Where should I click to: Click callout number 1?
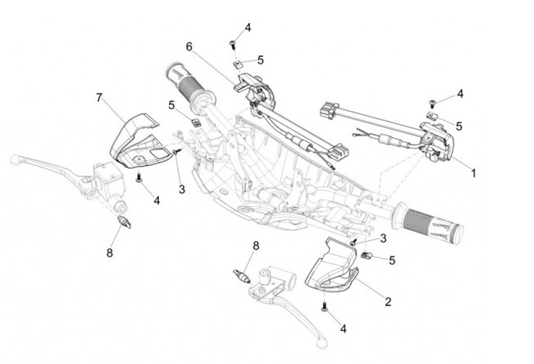point(473,173)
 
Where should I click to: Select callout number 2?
point(388,301)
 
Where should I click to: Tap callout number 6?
point(189,46)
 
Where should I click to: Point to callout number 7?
point(99,98)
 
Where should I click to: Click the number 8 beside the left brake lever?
point(109,253)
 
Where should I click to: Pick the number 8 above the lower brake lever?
point(255,245)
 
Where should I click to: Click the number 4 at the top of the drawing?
point(248,27)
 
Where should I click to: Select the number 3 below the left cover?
point(182,189)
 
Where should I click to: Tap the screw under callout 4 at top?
point(233,44)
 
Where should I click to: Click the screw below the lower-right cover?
point(324,306)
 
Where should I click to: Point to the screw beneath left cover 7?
point(139,178)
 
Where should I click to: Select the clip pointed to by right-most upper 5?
point(432,116)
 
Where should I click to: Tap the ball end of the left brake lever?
point(15,159)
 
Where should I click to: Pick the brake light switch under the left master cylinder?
point(124,222)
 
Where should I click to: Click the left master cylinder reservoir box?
point(108,179)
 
